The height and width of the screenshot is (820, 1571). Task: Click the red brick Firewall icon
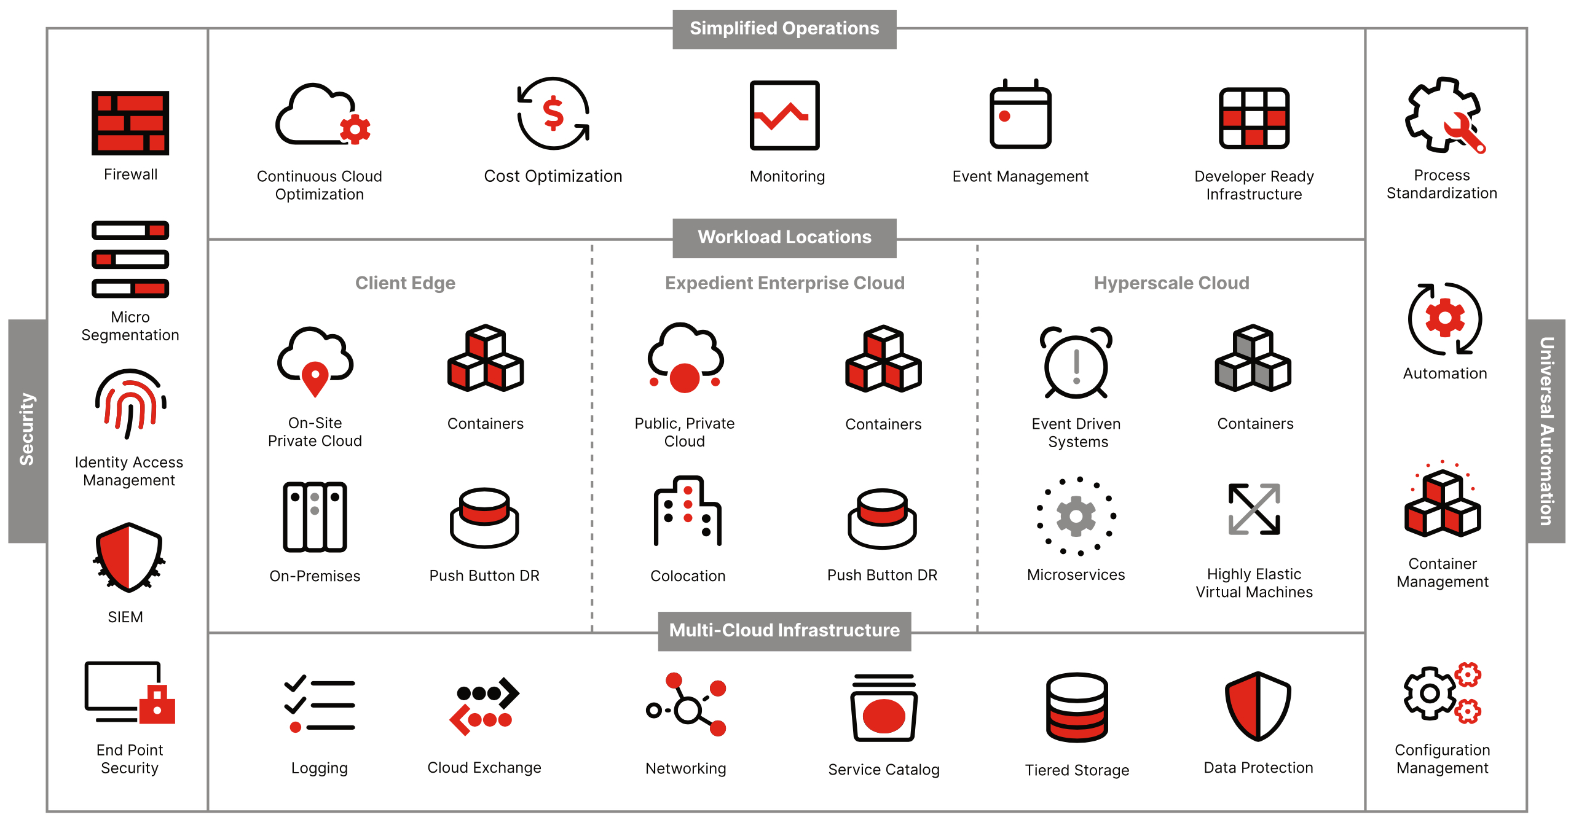click(x=130, y=122)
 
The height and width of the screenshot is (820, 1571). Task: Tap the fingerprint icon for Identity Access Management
click(x=130, y=402)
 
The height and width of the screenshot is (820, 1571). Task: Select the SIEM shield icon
click(x=128, y=556)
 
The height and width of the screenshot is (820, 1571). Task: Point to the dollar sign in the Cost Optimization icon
click(x=553, y=113)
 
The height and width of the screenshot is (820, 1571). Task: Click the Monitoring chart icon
click(x=784, y=115)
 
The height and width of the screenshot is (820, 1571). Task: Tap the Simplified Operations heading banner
click(x=784, y=29)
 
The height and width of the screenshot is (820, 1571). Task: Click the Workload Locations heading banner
click(x=784, y=238)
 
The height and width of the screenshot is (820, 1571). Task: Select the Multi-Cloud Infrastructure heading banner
click(x=784, y=631)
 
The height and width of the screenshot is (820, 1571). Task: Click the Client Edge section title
click(x=405, y=283)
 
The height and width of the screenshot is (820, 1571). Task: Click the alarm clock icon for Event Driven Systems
click(x=1076, y=364)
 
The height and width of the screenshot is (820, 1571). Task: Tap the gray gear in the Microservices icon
click(x=1076, y=517)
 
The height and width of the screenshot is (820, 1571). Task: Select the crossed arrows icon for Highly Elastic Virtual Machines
click(x=1254, y=509)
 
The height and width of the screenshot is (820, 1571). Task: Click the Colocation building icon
click(x=687, y=511)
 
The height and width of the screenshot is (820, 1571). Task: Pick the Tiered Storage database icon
click(x=1077, y=708)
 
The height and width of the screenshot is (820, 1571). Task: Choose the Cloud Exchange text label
click(x=484, y=768)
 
